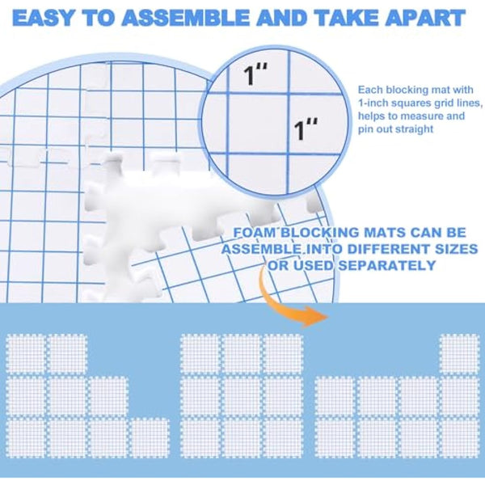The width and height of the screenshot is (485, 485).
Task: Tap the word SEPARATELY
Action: point(378,266)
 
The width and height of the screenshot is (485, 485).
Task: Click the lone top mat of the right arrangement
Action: point(458,354)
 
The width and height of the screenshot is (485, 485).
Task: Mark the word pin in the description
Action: point(365,129)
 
